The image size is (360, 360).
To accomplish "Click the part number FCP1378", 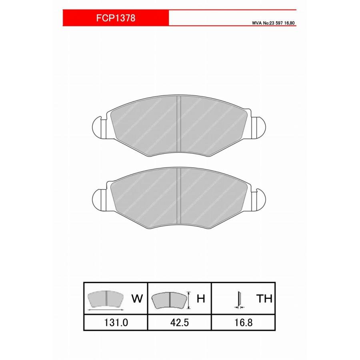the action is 116,18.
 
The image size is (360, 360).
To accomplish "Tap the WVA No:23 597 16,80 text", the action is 273,23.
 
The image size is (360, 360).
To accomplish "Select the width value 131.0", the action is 116,322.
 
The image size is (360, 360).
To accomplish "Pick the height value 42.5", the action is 180,322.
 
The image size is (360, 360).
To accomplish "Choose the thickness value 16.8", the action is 243,322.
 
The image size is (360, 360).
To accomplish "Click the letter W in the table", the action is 137,298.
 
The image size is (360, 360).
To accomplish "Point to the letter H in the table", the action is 201,298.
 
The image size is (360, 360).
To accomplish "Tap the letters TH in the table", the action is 264,298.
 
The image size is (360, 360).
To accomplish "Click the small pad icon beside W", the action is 106,299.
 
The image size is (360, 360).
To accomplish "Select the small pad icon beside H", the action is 169,300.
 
